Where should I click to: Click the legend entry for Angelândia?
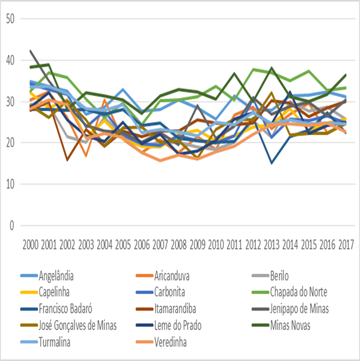(x=60, y=276)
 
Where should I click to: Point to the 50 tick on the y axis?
(x=9, y=18)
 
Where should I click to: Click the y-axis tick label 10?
(x=9, y=184)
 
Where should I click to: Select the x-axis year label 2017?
(x=346, y=244)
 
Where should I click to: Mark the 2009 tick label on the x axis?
(x=197, y=244)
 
